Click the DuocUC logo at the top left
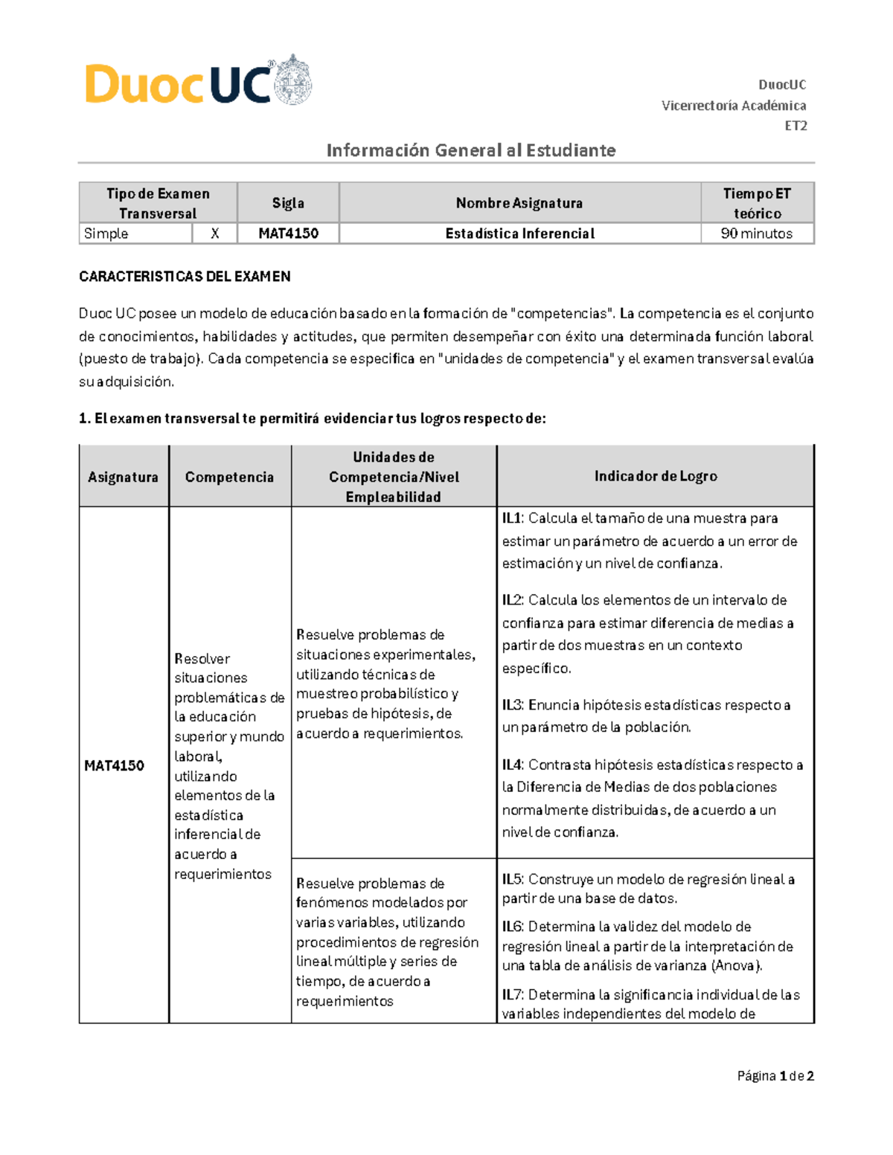point(179,83)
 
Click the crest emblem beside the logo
point(295,80)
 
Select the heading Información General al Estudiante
point(471,150)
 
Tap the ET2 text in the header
point(796,126)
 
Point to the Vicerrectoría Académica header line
point(733,106)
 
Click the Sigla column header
point(288,203)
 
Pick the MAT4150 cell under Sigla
point(288,234)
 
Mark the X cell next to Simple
point(214,234)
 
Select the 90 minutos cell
point(756,234)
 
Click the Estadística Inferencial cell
point(519,234)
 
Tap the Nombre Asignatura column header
point(519,203)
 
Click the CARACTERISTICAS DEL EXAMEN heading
point(185,277)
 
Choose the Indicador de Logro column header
point(655,476)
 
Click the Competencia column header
point(229,477)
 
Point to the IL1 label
point(513,518)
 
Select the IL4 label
point(513,765)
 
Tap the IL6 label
point(513,927)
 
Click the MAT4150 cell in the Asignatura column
point(114,765)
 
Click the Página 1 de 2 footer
point(775,1075)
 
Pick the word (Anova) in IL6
point(736,965)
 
